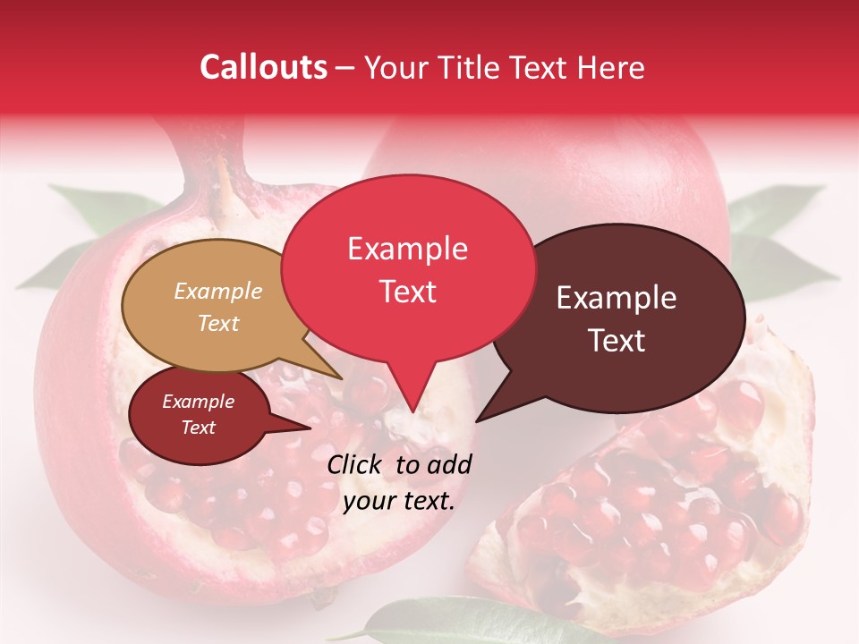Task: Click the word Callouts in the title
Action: [x=263, y=67]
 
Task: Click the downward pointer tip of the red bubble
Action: [x=412, y=410]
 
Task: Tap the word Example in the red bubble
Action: [x=407, y=249]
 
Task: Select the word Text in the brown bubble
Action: [x=617, y=341]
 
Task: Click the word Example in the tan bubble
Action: [x=217, y=292]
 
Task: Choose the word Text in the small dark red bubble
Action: [x=198, y=428]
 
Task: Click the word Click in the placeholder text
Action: [x=358, y=464]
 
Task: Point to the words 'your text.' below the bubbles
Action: [x=399, y=502]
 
